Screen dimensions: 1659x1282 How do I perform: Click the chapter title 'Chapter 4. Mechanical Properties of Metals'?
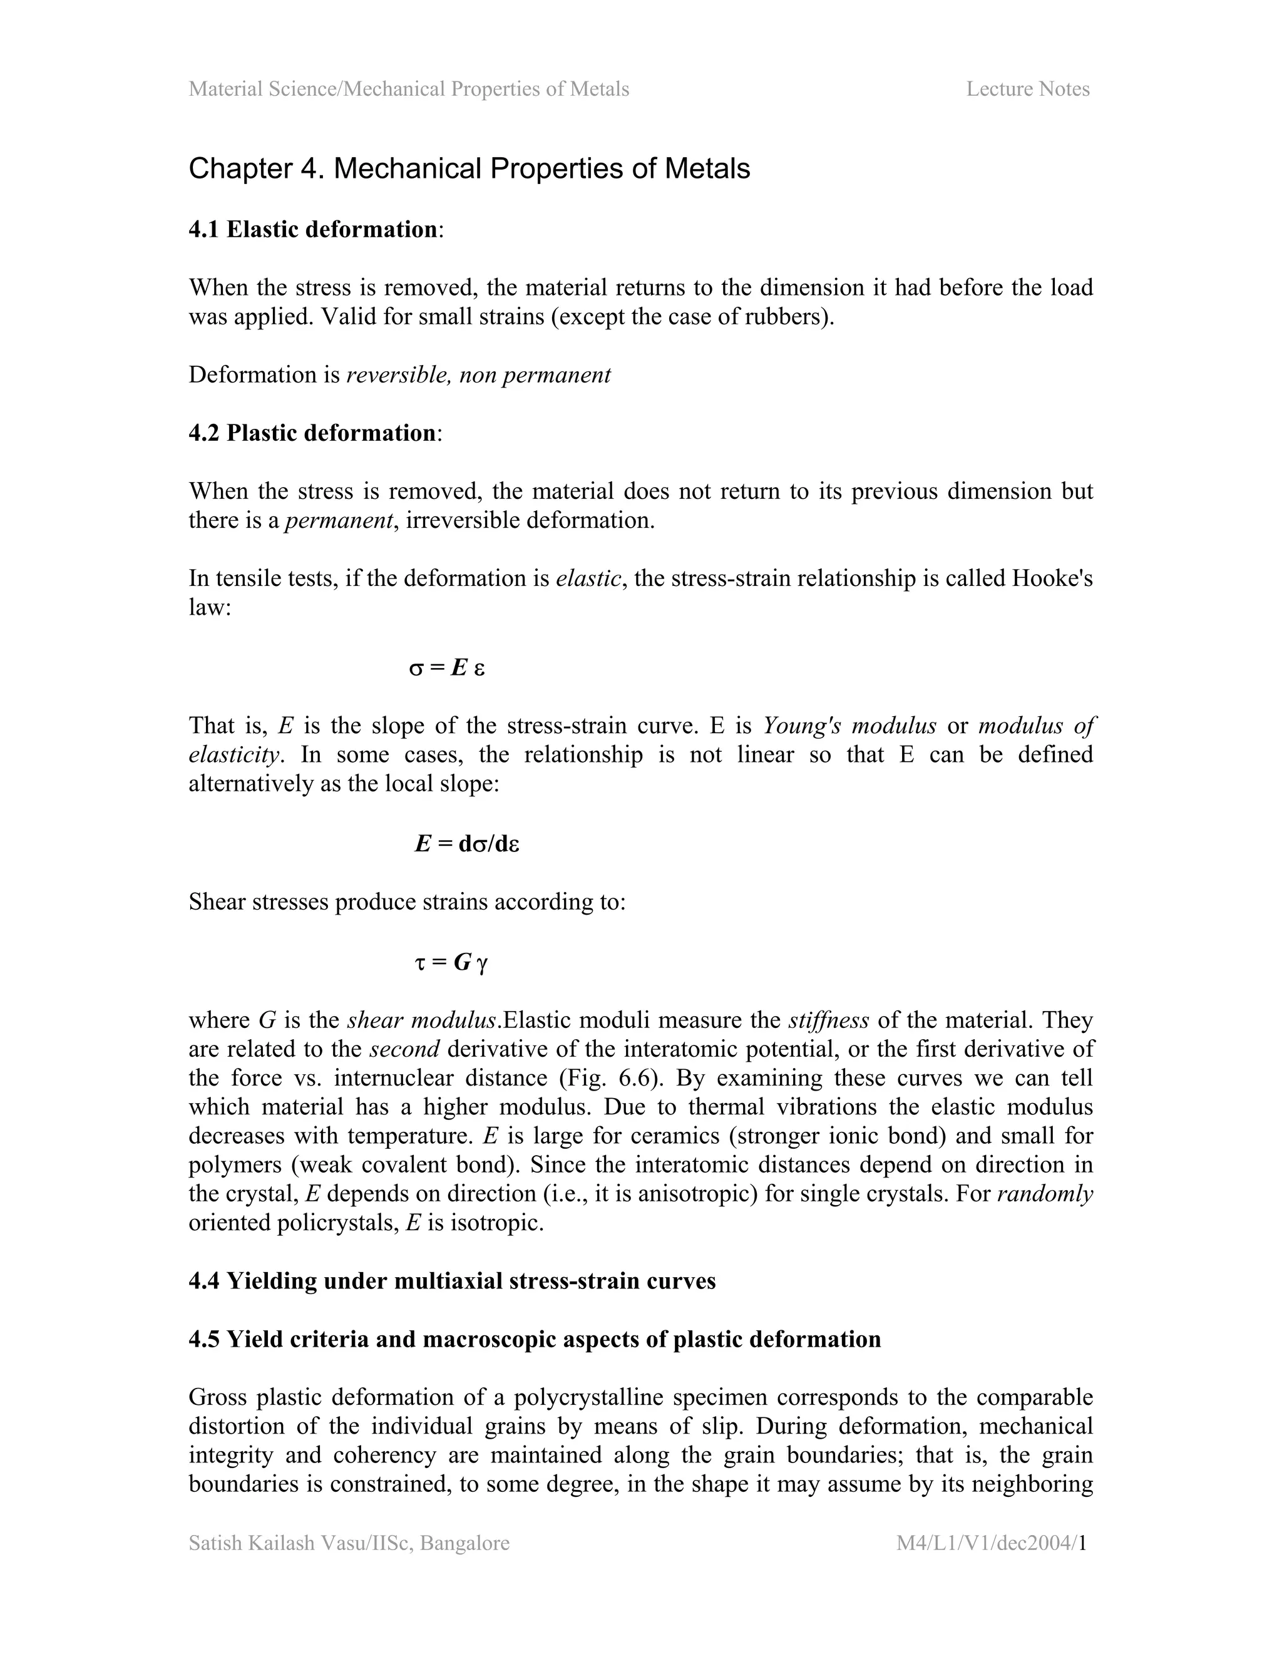tap(469, 168)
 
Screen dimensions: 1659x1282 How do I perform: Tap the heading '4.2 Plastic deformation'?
tap(312, 433)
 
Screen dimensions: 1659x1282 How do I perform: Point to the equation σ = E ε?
tap(446, 668)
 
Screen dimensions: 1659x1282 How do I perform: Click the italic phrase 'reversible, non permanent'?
tap(478, 375)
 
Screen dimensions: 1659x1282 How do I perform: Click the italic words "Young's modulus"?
tap(849, 726)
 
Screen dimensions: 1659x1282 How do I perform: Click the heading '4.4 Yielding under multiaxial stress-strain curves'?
tap(452, 1281)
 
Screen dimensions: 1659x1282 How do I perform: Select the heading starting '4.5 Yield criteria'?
tap(534, 1339)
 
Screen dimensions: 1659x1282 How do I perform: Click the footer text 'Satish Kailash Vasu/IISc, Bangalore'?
tap(349, 1543)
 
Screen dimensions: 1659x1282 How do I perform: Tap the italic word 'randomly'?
tap(1044, 1194)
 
